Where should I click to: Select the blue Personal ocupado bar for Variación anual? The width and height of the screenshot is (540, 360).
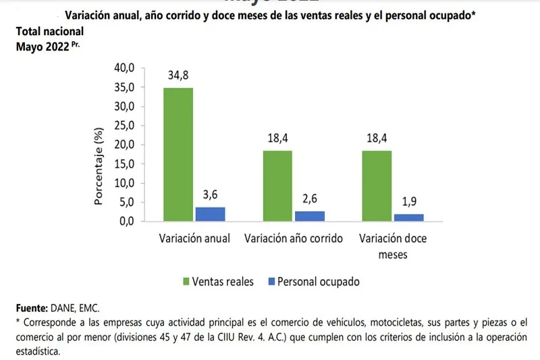tap(209, 214)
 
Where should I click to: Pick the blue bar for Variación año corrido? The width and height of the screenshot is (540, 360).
tap(310, 216)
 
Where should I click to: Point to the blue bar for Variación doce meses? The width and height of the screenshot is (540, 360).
tap(410, 217)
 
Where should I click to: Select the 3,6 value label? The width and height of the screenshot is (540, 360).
tap(209, 196)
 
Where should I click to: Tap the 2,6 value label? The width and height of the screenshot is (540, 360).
tap(310, 200)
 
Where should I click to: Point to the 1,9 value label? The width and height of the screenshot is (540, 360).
tap(410, 203)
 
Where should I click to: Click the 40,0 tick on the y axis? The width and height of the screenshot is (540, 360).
tap(127, 68)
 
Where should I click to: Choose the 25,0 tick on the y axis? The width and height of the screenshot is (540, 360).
tap(127, 126)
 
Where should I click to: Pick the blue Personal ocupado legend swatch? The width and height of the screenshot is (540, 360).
tap(271, 281)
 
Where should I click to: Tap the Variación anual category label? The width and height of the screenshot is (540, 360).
tap(194, 238)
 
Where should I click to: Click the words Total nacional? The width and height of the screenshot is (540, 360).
tap(50, 31)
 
